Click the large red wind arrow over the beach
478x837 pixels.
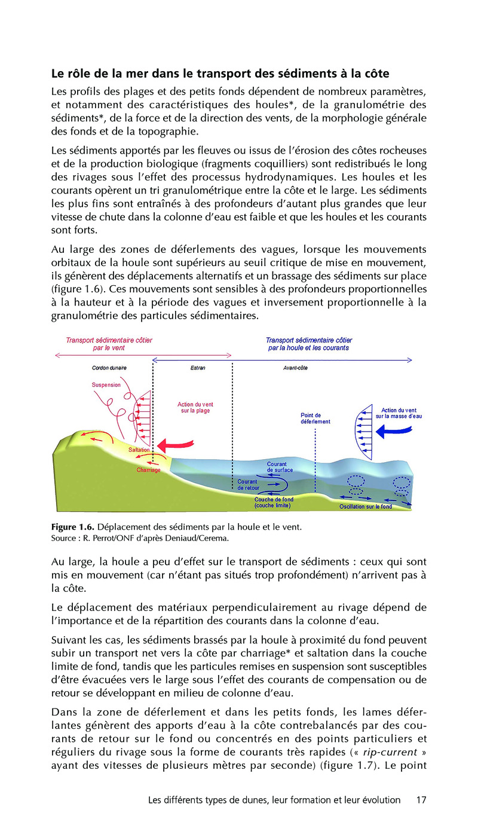pos(176,445)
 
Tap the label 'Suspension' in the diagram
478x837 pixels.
pos(106,385)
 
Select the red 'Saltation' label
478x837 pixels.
pos(139,450)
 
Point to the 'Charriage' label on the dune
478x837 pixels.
pos(148,470)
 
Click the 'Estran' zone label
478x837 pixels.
pos(197,368)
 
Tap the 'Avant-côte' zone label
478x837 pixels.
pos(295,368)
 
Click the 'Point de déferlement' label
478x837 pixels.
pos(315,418)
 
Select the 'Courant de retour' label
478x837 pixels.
pos(247,485)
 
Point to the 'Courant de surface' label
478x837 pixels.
pos(280,467)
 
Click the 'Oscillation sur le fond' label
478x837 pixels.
pos(366,507)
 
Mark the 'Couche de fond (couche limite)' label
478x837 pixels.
pos(274,502)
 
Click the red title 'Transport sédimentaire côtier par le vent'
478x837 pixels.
pos(109,344)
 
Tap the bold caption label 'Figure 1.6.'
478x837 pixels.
pos(72,527)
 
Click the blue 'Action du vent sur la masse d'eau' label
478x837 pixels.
pos(399,413)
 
